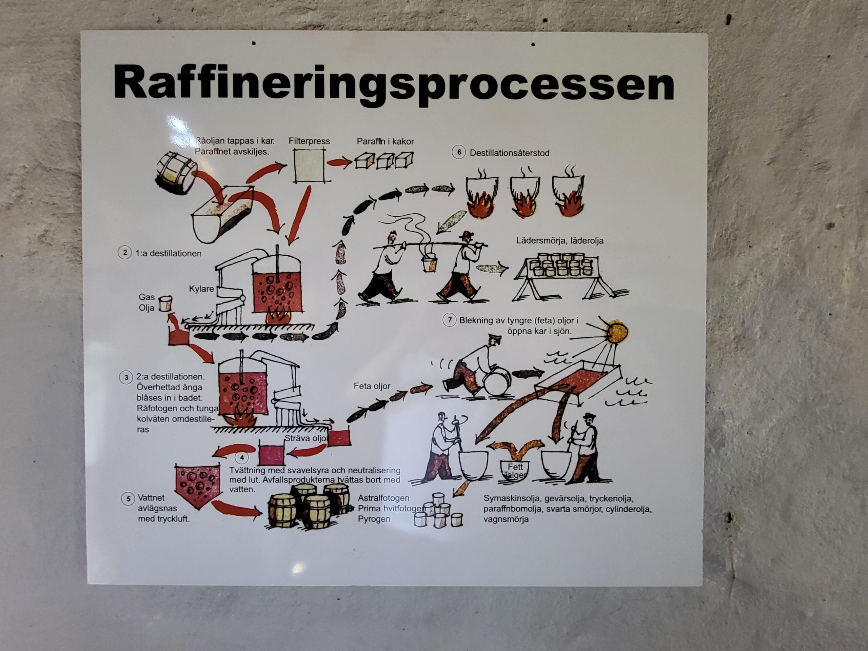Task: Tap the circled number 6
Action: (x=458, y=152)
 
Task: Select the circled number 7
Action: (x=449, y=320)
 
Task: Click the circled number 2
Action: (x=125, y=252)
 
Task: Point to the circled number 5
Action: (x=128, y=499)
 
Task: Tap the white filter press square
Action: (x=309, y=166)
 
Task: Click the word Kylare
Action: (x=201, y=289)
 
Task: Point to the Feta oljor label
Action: (x=372, y=386)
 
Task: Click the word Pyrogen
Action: (x=374, y=519)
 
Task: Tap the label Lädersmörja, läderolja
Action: (x=559, y=240)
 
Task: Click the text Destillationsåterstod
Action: (x=509, y=153)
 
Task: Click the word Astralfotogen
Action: (x=383, y=498)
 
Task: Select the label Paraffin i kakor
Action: (x=385, y=141)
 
